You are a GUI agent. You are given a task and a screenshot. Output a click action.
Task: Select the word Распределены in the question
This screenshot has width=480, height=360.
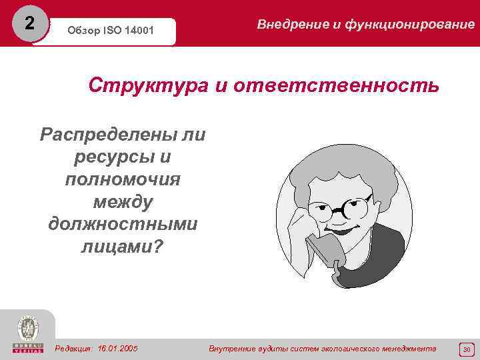click(104, 135)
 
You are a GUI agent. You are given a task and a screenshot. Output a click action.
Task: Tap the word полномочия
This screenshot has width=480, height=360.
click(123, 179)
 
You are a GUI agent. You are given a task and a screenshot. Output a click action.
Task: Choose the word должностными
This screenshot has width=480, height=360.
click(123, 223)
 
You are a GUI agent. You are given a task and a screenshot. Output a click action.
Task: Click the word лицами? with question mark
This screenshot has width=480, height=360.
click(123, 246)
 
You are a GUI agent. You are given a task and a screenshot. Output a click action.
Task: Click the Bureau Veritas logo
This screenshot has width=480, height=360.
click(27, 334)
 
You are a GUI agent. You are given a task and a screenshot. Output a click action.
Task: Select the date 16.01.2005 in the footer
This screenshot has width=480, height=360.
click(118, 349)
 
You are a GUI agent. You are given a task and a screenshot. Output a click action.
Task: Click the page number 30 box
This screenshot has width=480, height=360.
click(467, 349)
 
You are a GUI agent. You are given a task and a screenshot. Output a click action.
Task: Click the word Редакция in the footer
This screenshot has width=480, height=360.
click(74, 349)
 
